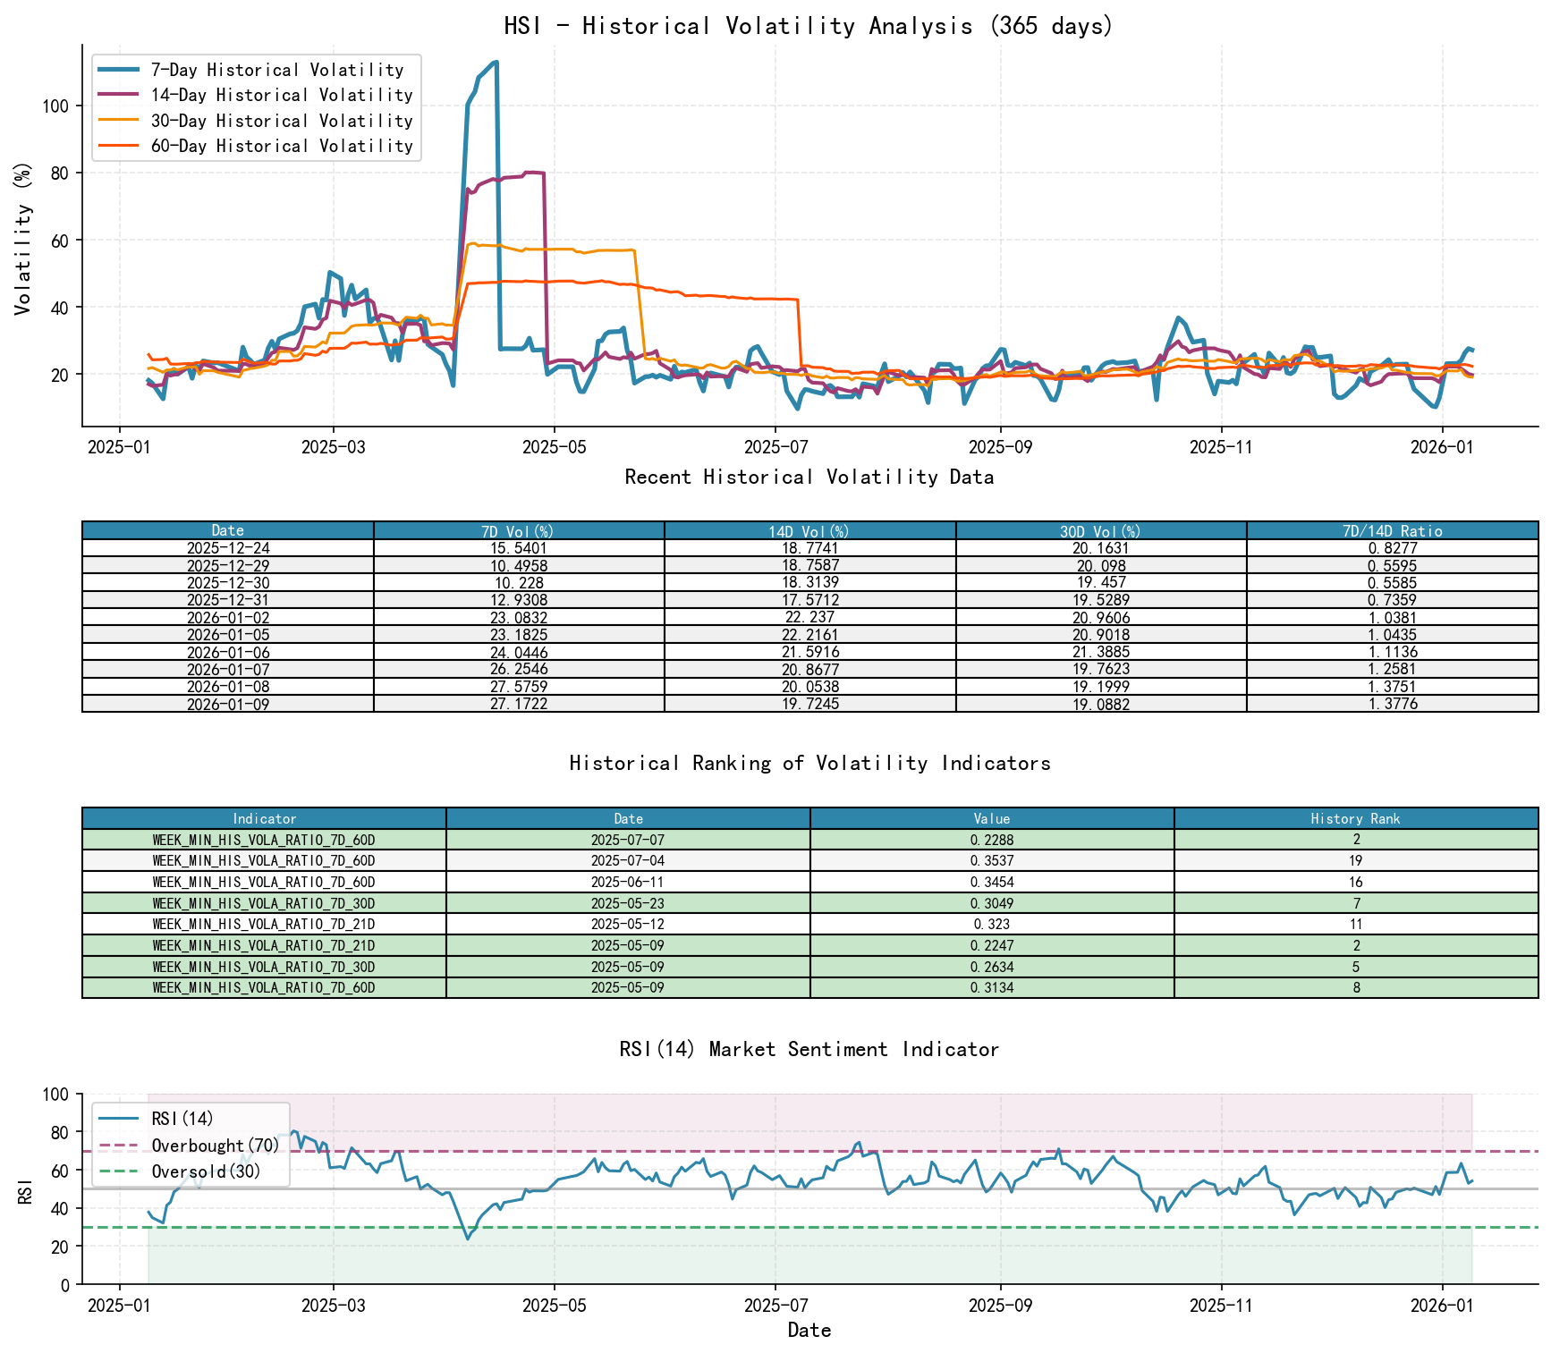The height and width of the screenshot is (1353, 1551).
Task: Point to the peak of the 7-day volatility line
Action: [x=496, y=63]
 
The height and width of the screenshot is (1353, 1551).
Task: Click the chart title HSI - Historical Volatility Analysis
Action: [x=809, y=26]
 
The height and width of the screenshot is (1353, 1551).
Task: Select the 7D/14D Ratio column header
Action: [x=1392, y=530]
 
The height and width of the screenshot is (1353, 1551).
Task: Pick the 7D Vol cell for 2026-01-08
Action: [x=519, y=687]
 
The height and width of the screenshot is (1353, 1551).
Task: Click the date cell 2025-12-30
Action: [x=228, y=583]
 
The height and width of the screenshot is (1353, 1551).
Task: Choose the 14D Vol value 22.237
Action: [x=809, y=618]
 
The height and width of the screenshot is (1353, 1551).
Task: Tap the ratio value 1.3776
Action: [x=1392, y=704]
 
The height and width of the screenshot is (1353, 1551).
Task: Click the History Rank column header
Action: [x=1355, y=818]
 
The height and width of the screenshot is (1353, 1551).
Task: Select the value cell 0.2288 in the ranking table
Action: [x=991, y=840]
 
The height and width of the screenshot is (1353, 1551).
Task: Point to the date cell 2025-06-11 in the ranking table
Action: [x=628, y=882]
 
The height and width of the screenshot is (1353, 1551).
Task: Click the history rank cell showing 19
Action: [x=1355, y=861]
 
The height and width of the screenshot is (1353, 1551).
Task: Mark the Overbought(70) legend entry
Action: [x=215, y=1146]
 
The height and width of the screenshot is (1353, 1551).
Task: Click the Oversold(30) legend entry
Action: [x=206, y=1171]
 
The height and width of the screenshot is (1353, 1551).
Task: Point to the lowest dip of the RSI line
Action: [x=467, y=1239]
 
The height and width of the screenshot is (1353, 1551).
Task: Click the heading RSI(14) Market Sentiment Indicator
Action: [x=809, y=1049]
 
